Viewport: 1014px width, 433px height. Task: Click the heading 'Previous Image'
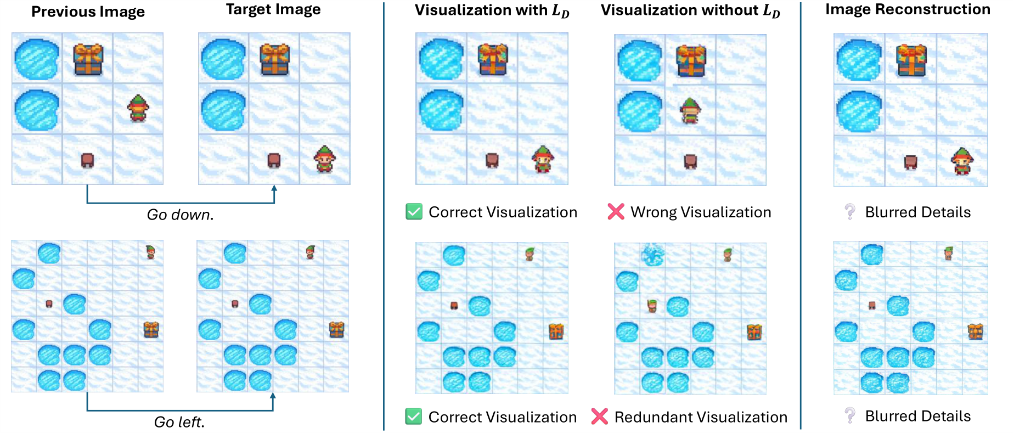tap(88, 12)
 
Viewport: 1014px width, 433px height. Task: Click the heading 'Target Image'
tap(273, 10)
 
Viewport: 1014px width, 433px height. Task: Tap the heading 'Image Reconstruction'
tap(908, 9)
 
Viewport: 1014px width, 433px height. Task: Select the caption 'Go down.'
tap(181, 215)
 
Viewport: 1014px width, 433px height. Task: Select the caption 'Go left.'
tap(179, 422)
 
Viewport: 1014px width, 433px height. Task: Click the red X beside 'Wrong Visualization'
tap(616, 212)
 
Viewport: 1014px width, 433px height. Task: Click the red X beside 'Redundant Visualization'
tap(599, 417)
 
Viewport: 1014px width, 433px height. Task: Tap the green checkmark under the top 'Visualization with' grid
tap(414, 212)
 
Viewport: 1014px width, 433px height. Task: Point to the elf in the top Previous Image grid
tap(138, 108)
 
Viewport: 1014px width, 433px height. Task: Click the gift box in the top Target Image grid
tap(274, 59)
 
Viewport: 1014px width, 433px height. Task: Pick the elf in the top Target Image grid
tap(324, 159)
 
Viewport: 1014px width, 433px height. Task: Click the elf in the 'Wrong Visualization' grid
tap(690, 110)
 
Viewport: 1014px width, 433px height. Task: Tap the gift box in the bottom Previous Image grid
tap(151, 329)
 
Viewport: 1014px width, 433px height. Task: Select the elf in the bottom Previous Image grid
tap(150, 252)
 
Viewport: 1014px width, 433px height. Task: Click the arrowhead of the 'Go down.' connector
tap(274, 188)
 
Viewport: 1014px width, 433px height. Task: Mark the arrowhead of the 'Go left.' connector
tap(273, 396)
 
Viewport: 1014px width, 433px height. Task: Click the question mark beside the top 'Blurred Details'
tap(850, 212)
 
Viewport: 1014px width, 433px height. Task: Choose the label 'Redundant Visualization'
tap(701, 417)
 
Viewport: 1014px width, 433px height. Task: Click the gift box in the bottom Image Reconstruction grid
tap(976, 331)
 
